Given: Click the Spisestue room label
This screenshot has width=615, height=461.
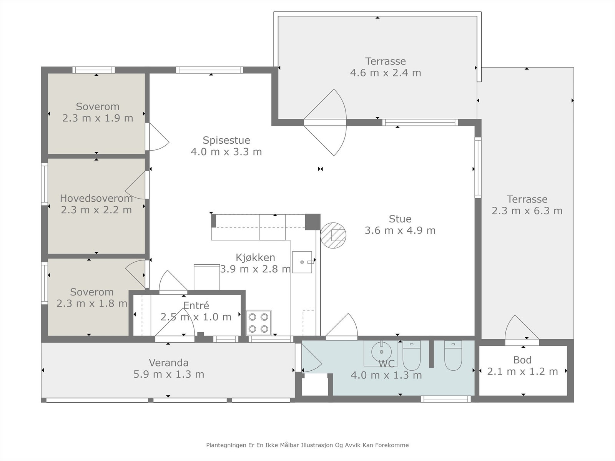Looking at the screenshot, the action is (x=226, y=140).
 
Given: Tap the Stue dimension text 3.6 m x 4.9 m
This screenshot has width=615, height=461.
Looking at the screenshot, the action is (x=400, y=230).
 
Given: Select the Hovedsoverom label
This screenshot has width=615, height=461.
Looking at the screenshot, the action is (x=96, y=199).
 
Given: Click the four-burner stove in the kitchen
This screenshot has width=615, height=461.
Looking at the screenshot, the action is (x=258, y=322).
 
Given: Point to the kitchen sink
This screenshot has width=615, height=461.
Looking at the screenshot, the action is (x=302, y=262).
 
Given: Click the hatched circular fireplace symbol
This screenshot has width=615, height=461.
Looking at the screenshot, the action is (x=333, y=235).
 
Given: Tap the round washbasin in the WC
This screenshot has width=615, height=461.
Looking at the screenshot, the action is (x=381, y=351).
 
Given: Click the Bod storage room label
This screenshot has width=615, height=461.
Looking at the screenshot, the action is (x=522, y=360).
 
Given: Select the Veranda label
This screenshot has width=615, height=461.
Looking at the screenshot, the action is (x=169, y=363).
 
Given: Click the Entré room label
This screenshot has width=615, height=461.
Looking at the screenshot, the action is (x=196, y=305).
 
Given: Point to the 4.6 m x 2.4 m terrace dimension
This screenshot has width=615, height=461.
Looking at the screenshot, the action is (x=386, y=73).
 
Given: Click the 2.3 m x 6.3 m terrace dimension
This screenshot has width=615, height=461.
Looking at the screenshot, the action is (x=527, y=211).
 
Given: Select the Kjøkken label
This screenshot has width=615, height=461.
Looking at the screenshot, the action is (x=255, y=257).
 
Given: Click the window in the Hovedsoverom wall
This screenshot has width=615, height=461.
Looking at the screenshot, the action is (x=44, y=184).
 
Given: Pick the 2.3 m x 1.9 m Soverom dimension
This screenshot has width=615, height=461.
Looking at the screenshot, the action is (x=98, y=118).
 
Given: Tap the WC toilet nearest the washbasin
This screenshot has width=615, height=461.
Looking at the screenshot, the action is (x=412, y=355).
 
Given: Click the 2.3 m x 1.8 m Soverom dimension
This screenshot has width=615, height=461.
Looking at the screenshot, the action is (x=92, y=303).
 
